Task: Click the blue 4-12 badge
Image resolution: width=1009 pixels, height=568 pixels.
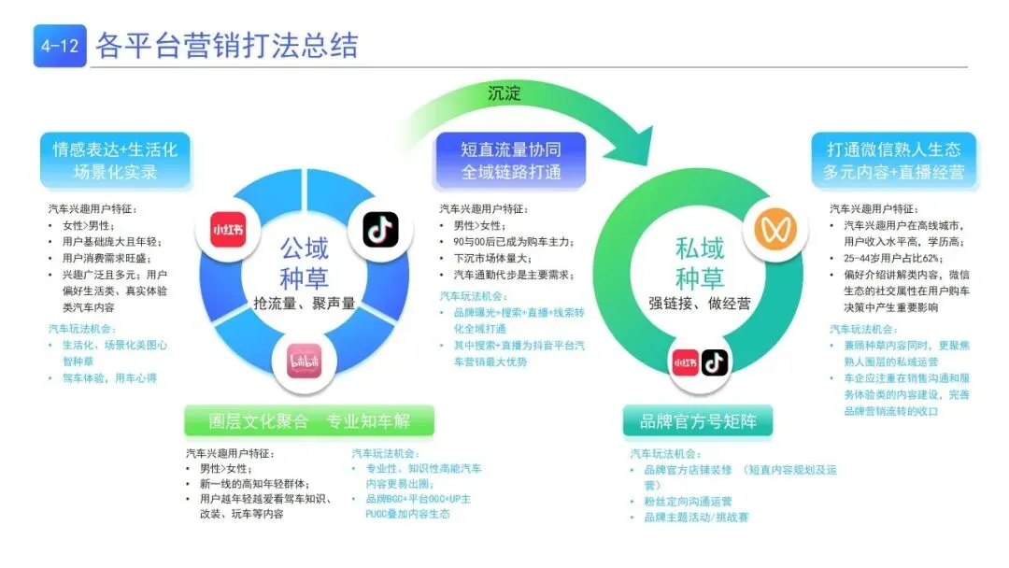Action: (60, 46)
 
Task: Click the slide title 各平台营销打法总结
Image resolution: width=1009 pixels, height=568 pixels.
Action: (227, 46)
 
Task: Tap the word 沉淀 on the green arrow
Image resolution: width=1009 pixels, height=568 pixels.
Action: (505, 93)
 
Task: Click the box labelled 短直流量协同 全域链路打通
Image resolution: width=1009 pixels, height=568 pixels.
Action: (510, 160)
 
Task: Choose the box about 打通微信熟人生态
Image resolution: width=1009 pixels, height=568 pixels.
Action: (892, 160)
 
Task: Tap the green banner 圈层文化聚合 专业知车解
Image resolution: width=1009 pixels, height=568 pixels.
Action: (309, 421)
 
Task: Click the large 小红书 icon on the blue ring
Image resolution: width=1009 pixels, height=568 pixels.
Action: (230, 230)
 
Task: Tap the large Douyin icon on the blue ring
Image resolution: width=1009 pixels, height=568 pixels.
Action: (380, 230)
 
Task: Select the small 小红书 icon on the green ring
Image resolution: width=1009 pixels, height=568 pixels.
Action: (685, 362)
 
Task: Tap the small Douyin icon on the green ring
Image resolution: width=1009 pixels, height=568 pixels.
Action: (715, 362)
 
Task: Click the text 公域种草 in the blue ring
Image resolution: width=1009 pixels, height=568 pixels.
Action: (305, 263)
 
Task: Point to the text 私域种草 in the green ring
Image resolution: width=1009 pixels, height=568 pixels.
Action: (700, 263)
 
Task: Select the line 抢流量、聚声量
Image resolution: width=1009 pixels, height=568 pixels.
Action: (305, 303)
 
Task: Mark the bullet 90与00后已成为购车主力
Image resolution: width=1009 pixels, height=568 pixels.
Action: (512, 242)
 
